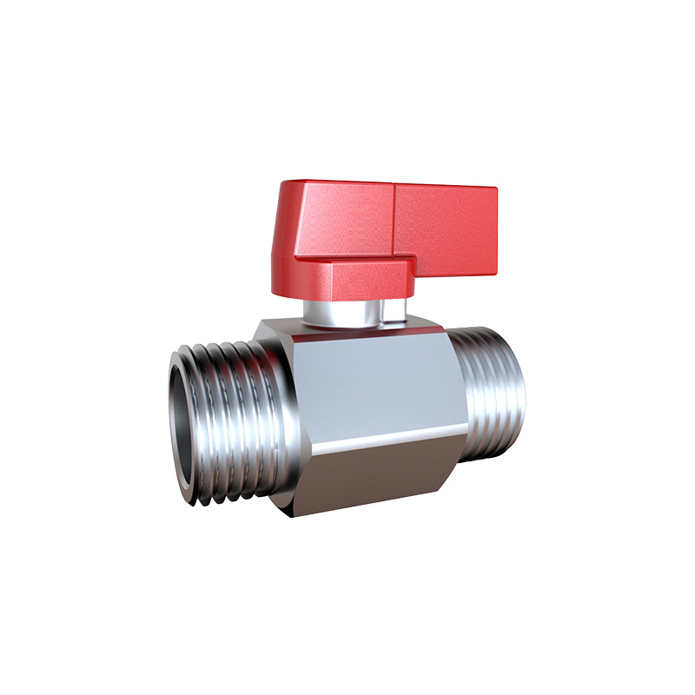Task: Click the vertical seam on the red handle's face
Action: pyautogui.click(x=394, y=222)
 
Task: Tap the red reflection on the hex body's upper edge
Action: pyautogui.click(x=347, y=331)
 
